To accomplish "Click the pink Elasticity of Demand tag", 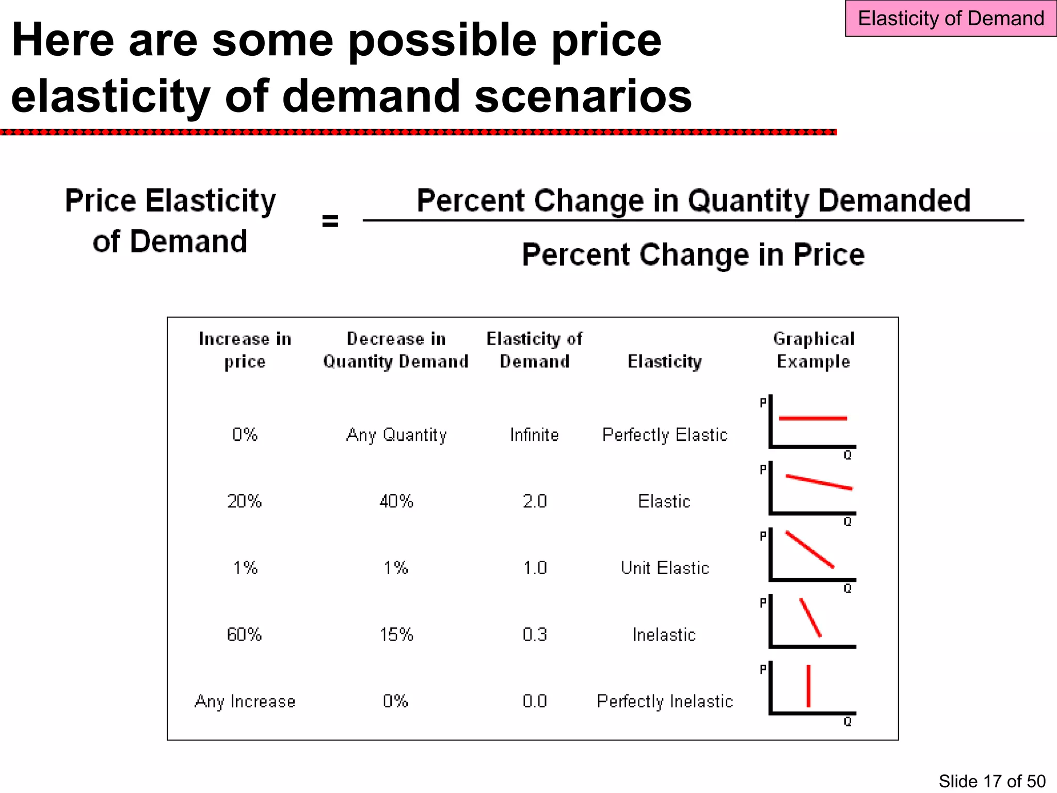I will pos(950,19).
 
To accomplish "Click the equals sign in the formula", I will pos(330,221).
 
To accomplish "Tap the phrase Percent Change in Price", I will pos(693,255).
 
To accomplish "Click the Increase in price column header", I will pos(245,350).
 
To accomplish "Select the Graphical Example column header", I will pos(813,350).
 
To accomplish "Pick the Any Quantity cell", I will pos(396,435).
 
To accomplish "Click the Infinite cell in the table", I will pos(534,435).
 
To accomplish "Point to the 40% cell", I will pos(396,501).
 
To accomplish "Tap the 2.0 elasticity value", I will pos(534,501).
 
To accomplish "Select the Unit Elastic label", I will pos(665,568).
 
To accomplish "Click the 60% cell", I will pos(244,635).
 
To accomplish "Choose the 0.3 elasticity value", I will pos(534,635).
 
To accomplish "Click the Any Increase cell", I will pos(245,701).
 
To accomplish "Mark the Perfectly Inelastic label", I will pos(665,701).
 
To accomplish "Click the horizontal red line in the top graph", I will pos(813,418).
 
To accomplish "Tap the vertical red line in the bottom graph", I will pos(808,686).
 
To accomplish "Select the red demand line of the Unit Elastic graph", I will pos(809,549).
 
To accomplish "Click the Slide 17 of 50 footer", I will pos(991,781).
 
